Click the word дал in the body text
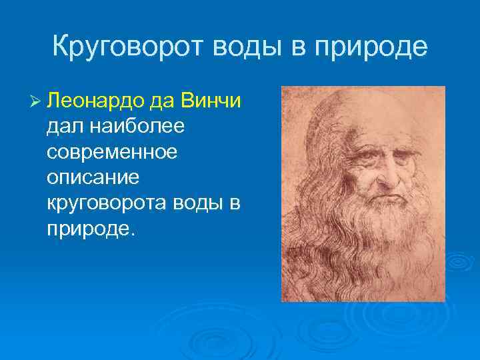click(x=64, y=127)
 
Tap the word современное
click(x=113, y=153)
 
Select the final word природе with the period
click(x=91, y=229)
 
